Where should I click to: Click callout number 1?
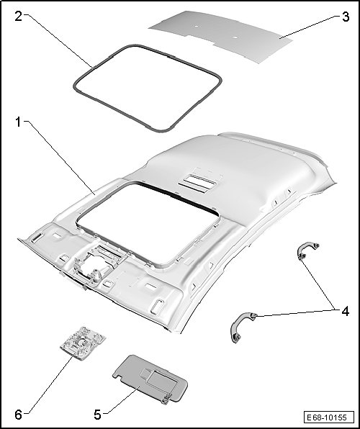coord(18,122)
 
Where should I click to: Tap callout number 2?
coord(18,17)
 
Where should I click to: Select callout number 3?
coord(346,17)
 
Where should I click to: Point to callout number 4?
coord(346,312)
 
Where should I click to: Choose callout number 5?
coord(97,415)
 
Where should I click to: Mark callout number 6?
coord(18,415)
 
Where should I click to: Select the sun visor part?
coord(150,379)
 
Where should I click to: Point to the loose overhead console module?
coord(83,343)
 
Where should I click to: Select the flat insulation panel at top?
coord(220,37)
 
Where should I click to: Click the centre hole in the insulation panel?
coord(235,37)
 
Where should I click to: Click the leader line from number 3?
coord(309,27)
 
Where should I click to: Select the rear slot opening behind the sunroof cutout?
coord(197,183)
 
